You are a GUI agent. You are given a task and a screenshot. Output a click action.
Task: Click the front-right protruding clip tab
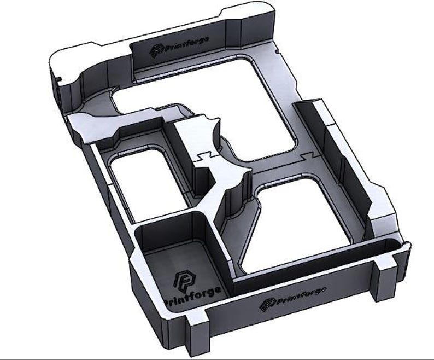[x=388, y=274]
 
